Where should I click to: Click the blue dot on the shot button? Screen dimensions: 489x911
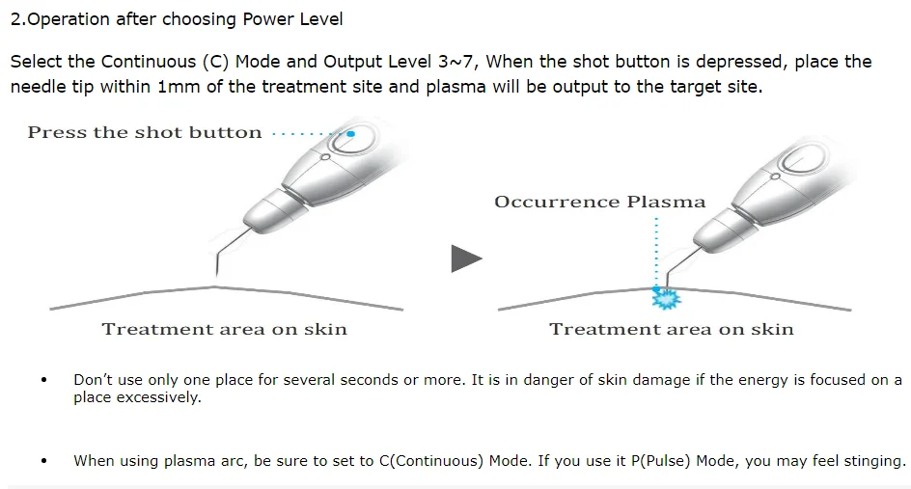tap(351, 134)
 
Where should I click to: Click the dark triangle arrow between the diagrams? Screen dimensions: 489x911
tap(465, 258)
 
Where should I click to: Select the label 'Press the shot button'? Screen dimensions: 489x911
tap(145, 133)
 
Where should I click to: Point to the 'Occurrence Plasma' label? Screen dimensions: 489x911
tap(599, 203)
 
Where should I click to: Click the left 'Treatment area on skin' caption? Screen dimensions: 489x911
tap(224, 330)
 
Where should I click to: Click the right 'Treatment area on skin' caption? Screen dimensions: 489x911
tap(671, 330)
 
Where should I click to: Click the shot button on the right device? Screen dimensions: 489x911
tap(802, 159)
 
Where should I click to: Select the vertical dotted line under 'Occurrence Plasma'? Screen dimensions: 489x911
tap(656, 251)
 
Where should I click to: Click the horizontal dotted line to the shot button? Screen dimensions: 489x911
tap(307, 133)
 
